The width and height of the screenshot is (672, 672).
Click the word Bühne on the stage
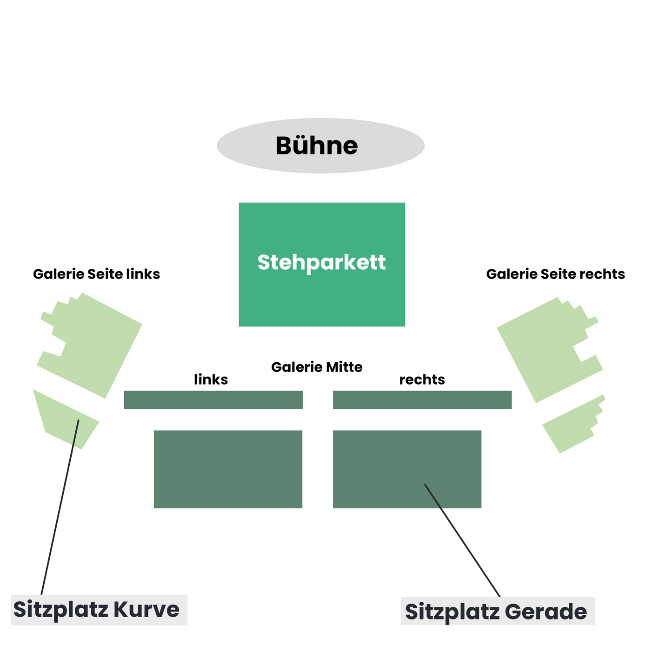click(316, 146)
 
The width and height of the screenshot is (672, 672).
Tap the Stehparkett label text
click(321, 263)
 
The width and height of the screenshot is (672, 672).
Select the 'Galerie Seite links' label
click(96, 274)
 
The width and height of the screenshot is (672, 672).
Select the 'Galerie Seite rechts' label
click(555, 274)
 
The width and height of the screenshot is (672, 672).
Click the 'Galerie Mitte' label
click(317, 367)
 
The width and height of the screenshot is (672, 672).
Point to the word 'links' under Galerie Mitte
click(211, 379)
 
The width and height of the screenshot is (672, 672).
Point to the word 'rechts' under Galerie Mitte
click(422, 380)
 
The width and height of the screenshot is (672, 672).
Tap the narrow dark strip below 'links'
click(213, 400)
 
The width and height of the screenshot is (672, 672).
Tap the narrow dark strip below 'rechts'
click(422, 400)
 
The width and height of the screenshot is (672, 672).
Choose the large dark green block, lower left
click(228, 469)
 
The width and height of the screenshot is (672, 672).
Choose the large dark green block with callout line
click(407, 469)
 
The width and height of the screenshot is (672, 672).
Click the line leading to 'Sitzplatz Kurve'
click(60, 507)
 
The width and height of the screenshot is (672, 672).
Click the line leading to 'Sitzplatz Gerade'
click(462, 540)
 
